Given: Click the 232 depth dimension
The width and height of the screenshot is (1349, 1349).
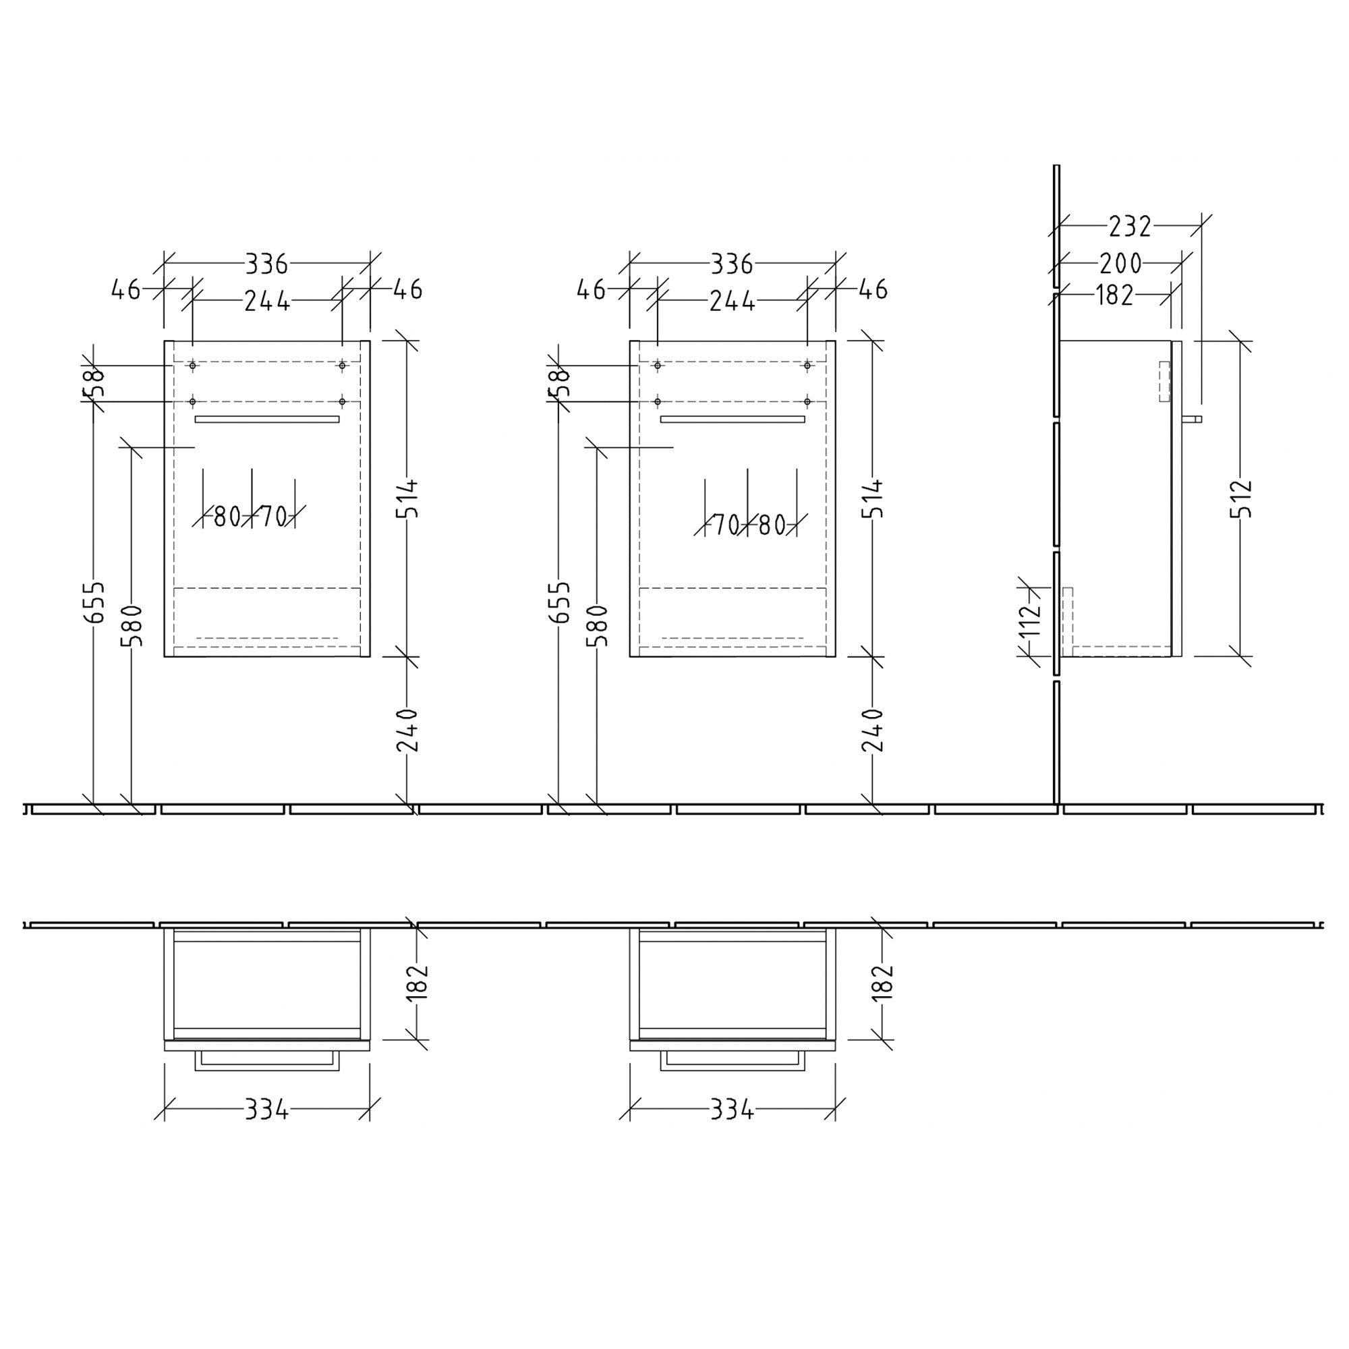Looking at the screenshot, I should click(1129, 226).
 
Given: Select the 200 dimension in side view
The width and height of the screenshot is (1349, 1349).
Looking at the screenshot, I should click(1120, 264).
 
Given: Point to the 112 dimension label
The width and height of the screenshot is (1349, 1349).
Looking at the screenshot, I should click(1030, 619).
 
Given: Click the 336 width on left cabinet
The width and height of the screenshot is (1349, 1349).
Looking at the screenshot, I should click(266, 264).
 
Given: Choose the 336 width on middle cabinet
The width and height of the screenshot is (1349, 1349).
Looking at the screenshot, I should click(732, 264).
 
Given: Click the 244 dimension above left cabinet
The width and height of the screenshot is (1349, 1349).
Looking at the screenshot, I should click(266, 301).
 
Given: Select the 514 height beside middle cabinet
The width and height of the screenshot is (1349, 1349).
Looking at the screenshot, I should click(873, 498).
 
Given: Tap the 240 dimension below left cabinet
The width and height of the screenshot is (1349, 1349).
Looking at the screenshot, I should click(407, 730).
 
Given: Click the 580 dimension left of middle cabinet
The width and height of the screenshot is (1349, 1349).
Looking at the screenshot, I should click(598, 626).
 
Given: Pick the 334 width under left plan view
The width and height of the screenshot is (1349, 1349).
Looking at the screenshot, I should click(266, 1109).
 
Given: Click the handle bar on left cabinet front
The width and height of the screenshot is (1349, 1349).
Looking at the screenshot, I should click(266, 420).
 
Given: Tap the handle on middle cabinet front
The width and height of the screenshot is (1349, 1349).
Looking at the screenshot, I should click(733, 420).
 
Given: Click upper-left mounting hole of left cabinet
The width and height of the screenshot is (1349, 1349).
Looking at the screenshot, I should click(193, 365).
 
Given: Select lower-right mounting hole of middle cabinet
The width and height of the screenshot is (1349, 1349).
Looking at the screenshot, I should click(807, 401).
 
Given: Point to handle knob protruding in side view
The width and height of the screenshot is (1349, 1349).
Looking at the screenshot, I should click(1193, 420).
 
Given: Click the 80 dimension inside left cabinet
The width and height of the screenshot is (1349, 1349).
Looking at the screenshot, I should click(227, 517).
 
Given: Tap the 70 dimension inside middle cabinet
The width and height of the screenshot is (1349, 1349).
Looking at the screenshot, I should click(726, 525).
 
